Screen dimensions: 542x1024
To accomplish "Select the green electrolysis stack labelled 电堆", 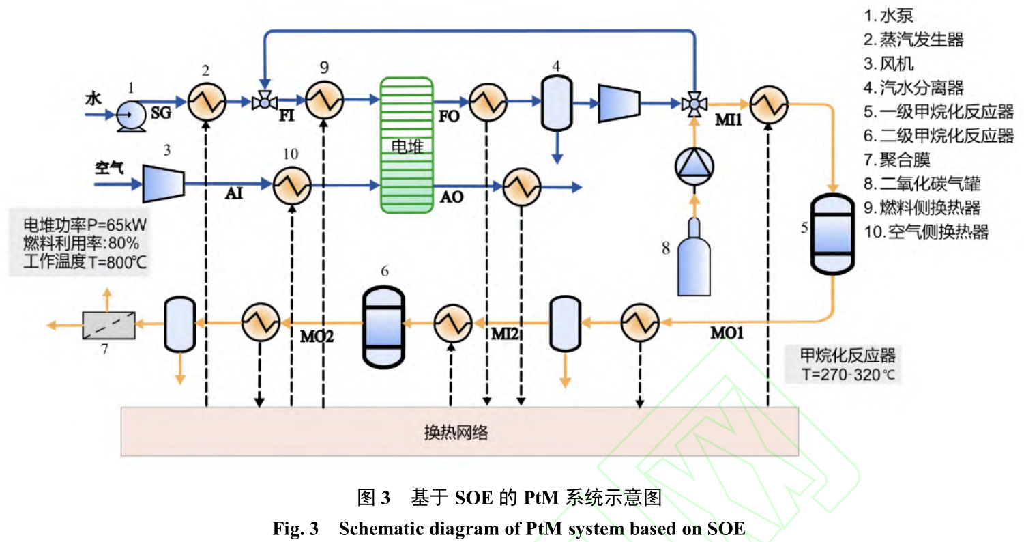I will pyautogui.click(x=407, y=144).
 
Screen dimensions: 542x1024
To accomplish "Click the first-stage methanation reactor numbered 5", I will pyautogui.click(x=831, y=233).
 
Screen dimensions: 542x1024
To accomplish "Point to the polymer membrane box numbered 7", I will pyautogui.click(x=109, y=325).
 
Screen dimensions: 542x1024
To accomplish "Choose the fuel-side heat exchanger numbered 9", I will pyautogui.click(x=323, y=102).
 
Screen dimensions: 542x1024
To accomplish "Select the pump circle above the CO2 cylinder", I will pyautogui.click(x=692, y=166).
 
